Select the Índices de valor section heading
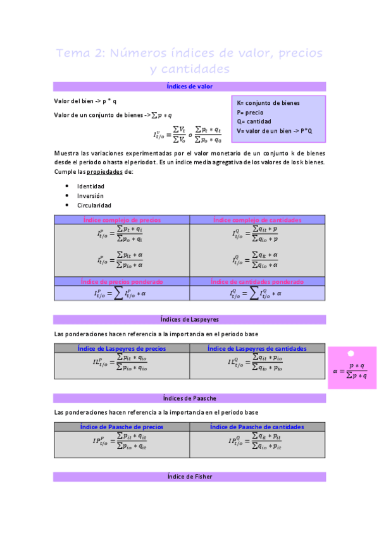point(189,87)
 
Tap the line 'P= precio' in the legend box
point(251,112)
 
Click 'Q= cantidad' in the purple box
point(254,121)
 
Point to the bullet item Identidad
point(90,186)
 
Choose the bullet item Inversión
point(90,196)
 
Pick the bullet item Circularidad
point(94,205)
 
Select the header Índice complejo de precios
point(121,220)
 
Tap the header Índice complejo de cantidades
point(257,220)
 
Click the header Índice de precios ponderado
point(121,281)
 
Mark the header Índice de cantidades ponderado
point(257,281)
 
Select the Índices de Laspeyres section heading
point(189,320)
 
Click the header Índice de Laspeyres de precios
point(121,348)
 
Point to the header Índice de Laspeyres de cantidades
point(257,348)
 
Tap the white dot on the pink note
point(351,354)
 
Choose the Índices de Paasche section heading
point(189,398)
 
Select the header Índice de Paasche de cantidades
point(257,427)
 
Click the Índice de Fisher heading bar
point(189,477)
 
